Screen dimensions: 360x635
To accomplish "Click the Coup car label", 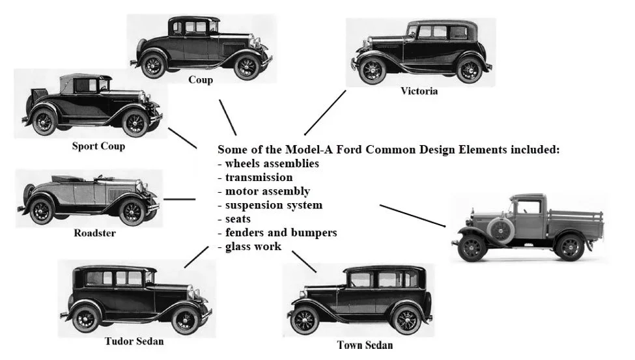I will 201,80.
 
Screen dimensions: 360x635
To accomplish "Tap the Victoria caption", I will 419,92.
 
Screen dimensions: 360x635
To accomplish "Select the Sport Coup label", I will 98,146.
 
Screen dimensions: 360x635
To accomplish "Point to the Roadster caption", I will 94,232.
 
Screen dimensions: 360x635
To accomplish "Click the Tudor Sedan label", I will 134,341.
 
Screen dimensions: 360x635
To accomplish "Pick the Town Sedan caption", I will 365,344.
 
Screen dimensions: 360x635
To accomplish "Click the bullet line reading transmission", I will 255,177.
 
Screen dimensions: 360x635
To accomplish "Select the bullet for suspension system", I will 270,205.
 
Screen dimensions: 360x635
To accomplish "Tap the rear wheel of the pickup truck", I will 569,247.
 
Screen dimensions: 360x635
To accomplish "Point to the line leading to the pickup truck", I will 412,215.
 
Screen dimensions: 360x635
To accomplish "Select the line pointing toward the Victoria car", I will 325,113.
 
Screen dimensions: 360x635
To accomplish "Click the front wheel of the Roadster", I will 132,212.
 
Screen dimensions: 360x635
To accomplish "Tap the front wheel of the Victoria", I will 372,70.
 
